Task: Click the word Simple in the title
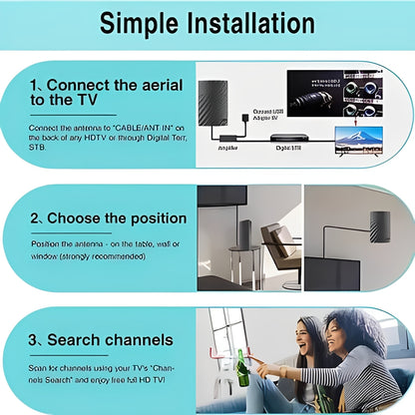pos(135,22)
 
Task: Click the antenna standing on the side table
pos(243,233)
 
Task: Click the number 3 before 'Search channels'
pos(35,341)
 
